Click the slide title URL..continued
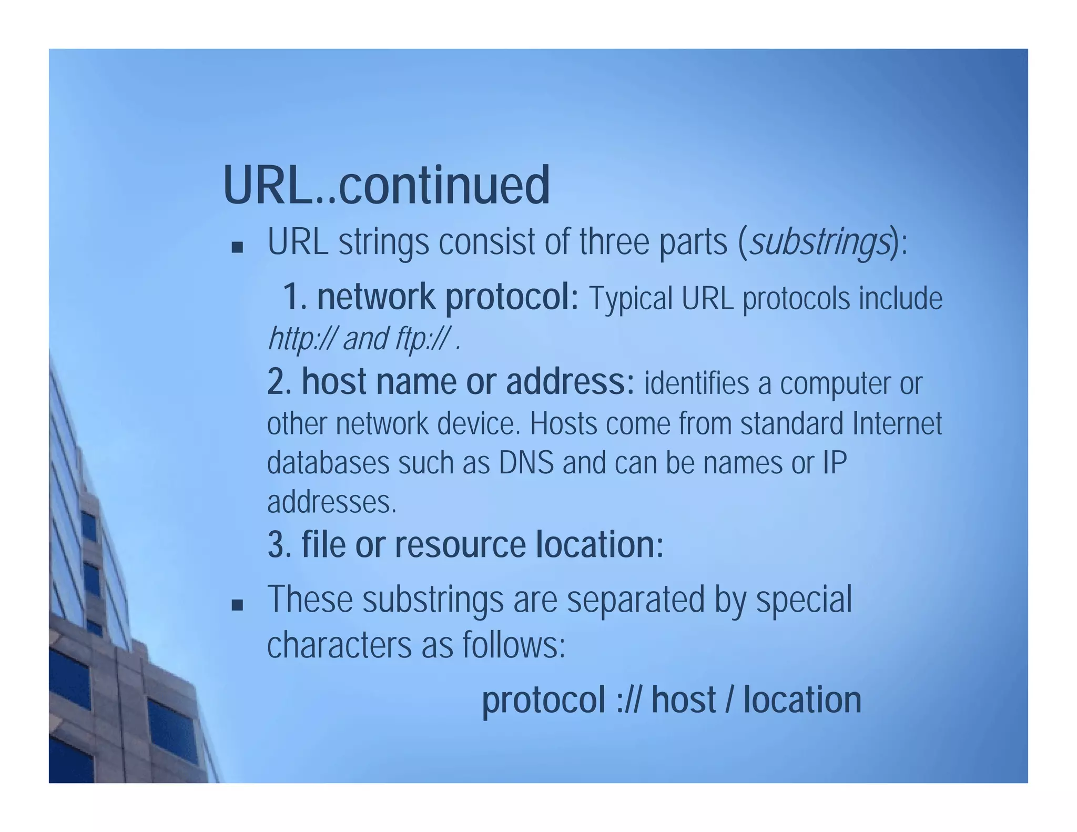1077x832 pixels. (386, 185)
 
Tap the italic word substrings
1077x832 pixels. (819, 243)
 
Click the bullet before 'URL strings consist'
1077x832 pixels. (237, 247)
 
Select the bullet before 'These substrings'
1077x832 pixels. (237, 605)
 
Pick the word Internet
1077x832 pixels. (897, 423)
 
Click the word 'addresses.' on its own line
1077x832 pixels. (331, 502)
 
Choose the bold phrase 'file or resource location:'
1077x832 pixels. (465, 544)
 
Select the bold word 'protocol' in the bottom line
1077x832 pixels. (543, 701)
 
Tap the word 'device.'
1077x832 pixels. (478, 423)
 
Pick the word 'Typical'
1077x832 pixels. (631, 299)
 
